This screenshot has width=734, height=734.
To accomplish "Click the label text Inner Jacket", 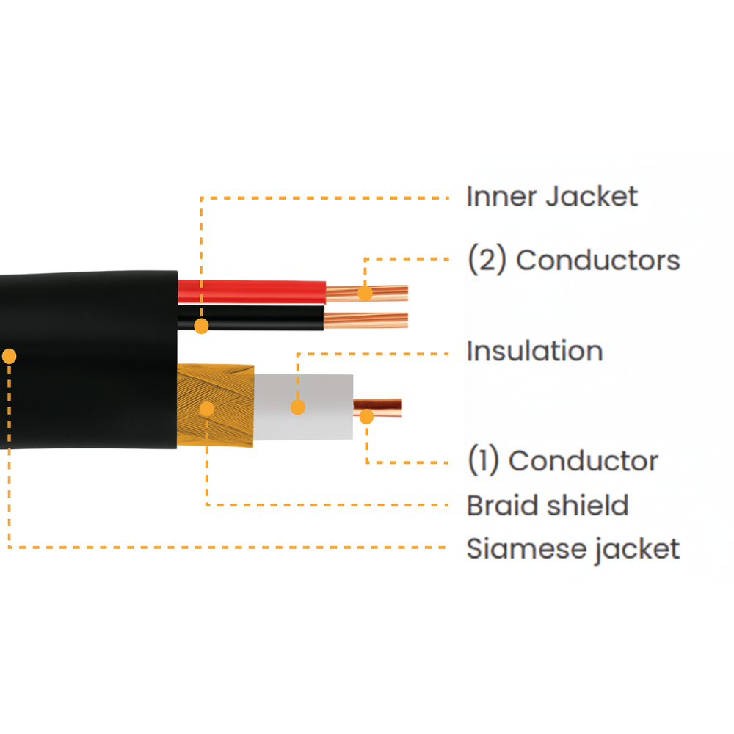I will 552,197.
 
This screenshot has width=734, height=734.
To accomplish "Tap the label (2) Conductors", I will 573,261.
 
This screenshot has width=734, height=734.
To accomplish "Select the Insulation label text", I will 534,352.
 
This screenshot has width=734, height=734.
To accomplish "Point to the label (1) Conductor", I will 562,461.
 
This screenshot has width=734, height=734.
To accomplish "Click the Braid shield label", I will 548,506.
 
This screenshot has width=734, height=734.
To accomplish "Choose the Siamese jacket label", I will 573,549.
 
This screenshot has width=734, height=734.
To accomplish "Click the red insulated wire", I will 257,291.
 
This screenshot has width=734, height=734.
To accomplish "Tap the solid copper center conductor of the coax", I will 385,407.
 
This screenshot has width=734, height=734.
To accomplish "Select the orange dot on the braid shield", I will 207,409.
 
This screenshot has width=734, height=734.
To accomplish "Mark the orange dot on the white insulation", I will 297,407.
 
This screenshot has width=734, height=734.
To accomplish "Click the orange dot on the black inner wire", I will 201,326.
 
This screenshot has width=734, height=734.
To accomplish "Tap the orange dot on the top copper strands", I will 365,294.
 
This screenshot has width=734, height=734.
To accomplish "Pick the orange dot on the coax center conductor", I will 366,417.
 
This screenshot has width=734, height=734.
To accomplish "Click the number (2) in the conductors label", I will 487,261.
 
